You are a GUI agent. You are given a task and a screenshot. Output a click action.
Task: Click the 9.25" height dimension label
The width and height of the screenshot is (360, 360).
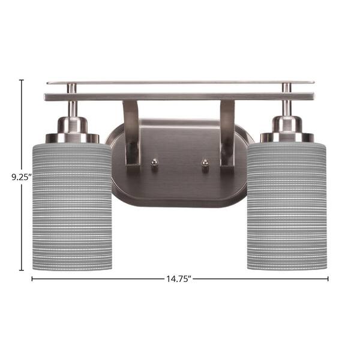[x=22, y=177]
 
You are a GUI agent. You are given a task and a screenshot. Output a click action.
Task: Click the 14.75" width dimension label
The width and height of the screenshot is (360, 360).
[x=179, y=279]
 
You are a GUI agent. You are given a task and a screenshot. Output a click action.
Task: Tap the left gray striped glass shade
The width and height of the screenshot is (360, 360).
[x=72, y=206]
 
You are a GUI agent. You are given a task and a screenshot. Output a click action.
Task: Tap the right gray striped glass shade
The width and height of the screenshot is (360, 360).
[x=287, y=206]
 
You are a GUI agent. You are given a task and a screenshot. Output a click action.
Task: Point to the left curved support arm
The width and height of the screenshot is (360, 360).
[x=132, y=133]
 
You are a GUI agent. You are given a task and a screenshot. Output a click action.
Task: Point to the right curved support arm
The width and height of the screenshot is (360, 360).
[x=227, y=133]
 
